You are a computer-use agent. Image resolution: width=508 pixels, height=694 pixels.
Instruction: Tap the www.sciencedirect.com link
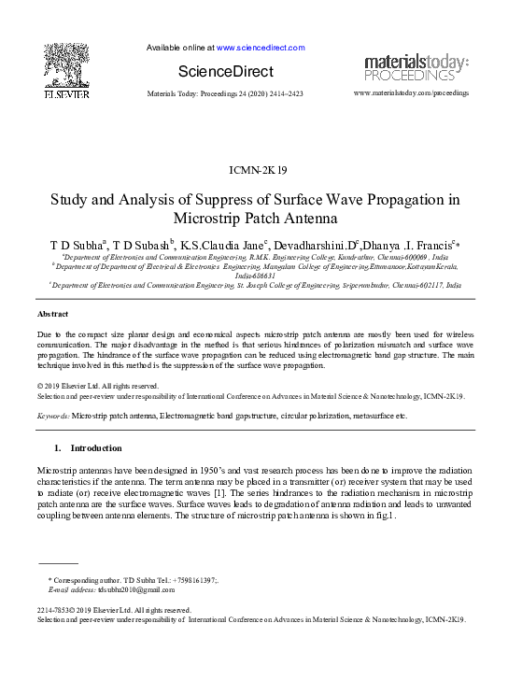pyautogui.click(x=261, y=47)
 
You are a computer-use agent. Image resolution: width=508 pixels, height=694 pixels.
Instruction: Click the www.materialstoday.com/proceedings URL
pyautogui.click(x=411, y=93)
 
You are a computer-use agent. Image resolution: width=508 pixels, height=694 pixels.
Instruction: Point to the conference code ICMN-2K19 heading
pyautogui.click(x=254, y=169)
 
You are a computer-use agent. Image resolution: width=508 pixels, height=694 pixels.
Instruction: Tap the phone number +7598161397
pyautogui.click(x=190, y=580)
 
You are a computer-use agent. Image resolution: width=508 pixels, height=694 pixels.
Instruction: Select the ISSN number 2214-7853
pyautogui.click(x=53, y=610)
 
